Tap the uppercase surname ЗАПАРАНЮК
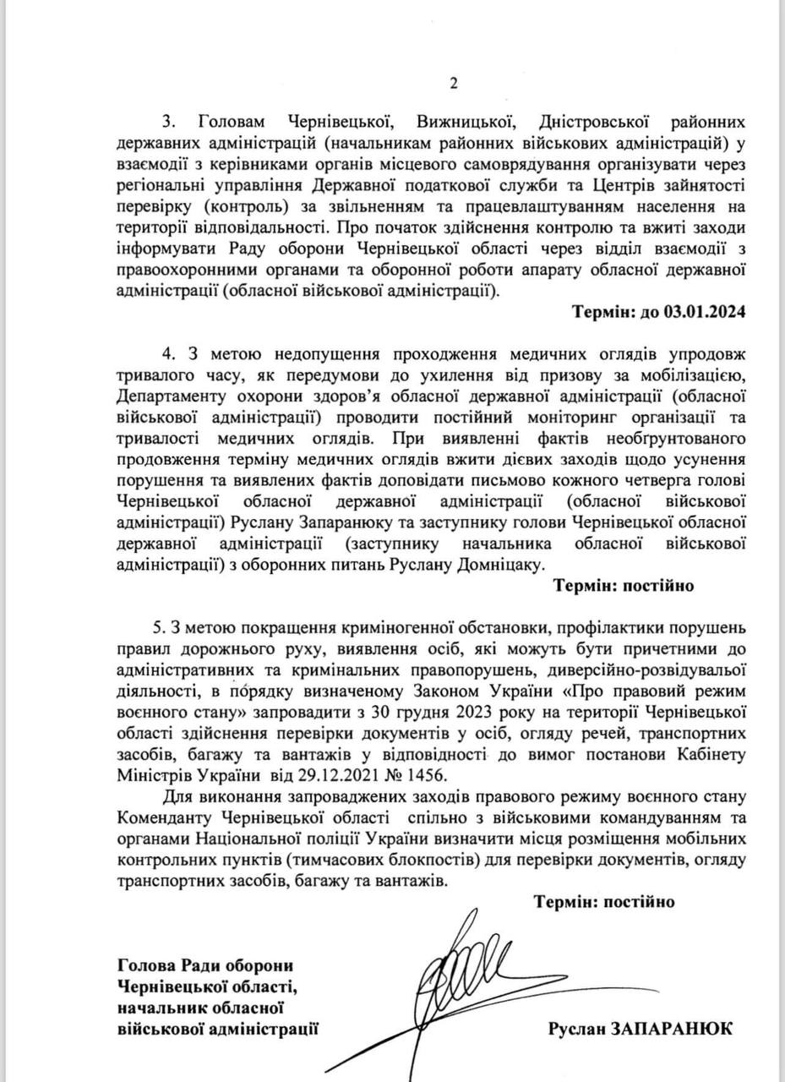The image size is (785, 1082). tap(678, 1029)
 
